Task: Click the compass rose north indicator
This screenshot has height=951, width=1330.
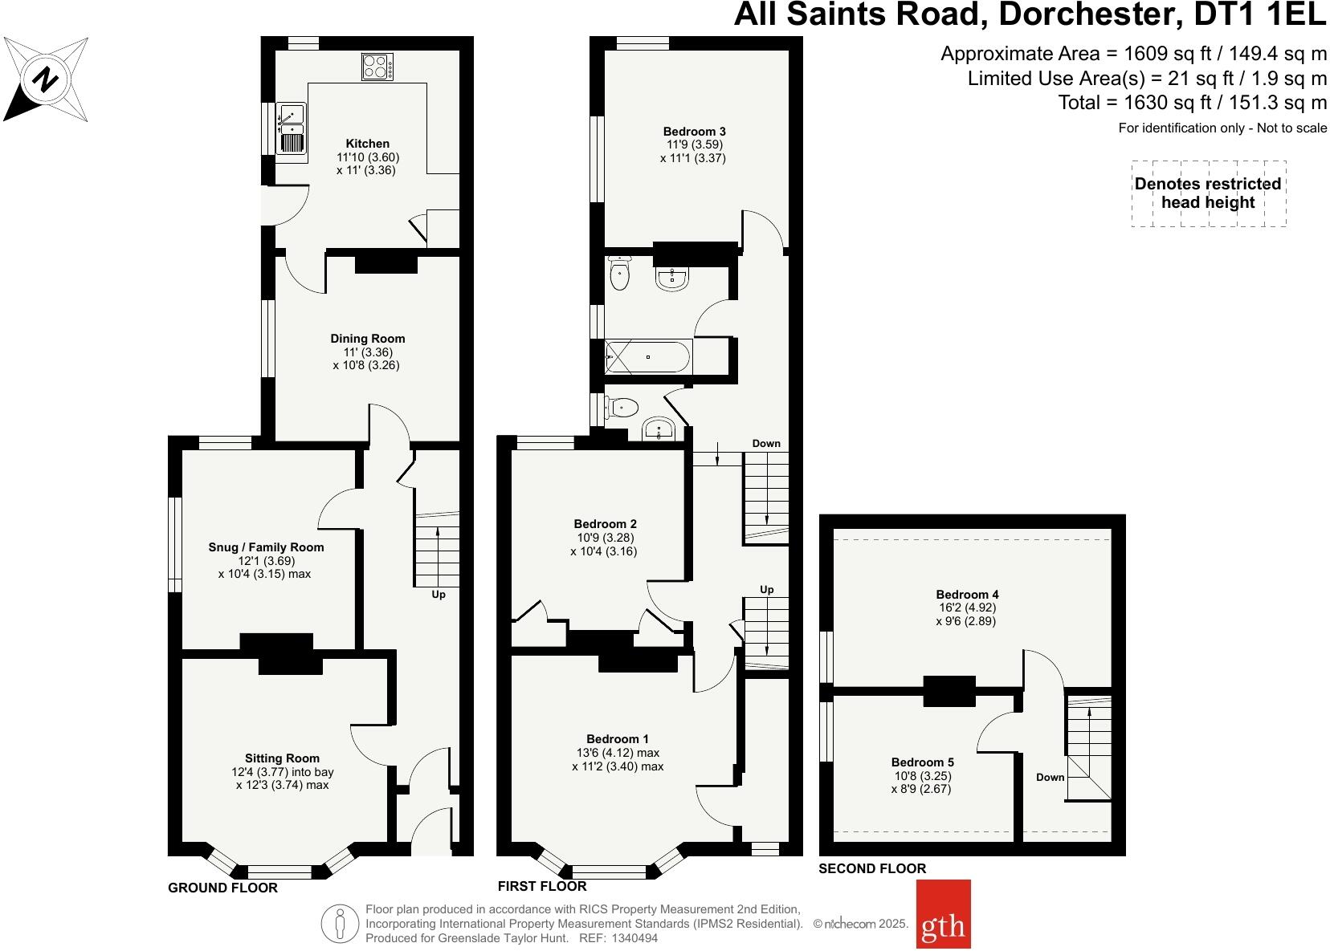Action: pyautogui.click(x=45, y=80)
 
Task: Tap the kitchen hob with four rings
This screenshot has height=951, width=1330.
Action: pyautogui.click(x=377, y=66)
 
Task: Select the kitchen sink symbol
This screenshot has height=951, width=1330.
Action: pyautogui.click(x=291, y=128)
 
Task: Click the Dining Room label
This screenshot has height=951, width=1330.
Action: pyautogui.click(x=367, y=339)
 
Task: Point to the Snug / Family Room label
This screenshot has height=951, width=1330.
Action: pyautogui.click(x=266, y=547)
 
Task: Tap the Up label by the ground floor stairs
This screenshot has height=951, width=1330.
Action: pyautogui.click(x=439, y=595)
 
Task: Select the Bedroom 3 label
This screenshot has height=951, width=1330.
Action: pyautogui.click(x=694, y=132)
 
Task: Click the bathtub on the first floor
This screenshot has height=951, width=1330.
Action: pyautogui.click(x=647, y=356)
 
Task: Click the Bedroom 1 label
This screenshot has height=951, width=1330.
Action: pyautogui.click(x=617, y=739)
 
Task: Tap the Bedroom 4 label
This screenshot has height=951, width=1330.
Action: pyautogui.click(x=967, y=595)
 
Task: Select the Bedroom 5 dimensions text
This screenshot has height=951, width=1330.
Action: pyautogui.click(x=921, y=782)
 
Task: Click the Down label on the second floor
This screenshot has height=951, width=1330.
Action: pyautogui.click(x=1050, y=777)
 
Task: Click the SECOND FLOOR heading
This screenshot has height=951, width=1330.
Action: pyautogui.click(x=871, y=868)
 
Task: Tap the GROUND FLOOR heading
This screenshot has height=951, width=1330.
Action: pyautogui.click(x=222, y=888)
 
